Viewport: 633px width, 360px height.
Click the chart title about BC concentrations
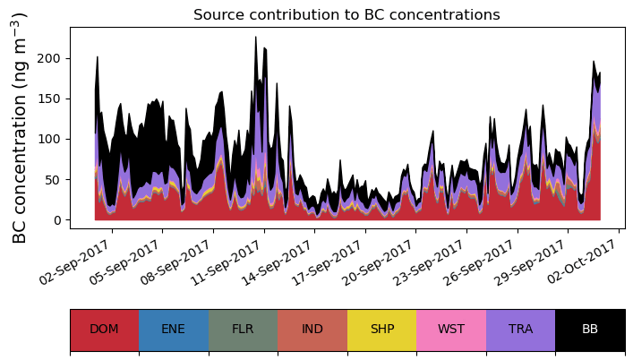click(x=346, y=14)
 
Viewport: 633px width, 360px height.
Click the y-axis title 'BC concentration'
click(x=20, y=127)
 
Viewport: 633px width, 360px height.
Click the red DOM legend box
click(x=104, y=330)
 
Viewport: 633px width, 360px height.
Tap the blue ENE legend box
click(x=174, y=330)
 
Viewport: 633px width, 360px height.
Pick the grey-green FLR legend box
click(x=243, y=330)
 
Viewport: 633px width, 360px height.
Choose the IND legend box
click(x=312, y=330)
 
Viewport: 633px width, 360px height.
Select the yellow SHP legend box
click(x=382, y=330)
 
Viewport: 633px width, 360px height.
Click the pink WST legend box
click(x=451, y=330)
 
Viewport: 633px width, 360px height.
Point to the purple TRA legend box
click(x=520, y=330)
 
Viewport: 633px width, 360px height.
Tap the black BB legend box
click(x=590, y=330)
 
